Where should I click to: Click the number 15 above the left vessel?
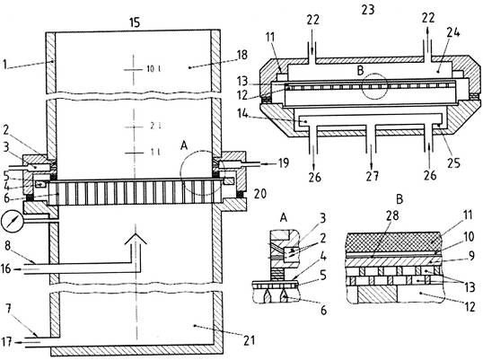pos(135,22)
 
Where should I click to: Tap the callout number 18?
pos(242,55)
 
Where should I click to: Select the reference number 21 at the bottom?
pos(250,340)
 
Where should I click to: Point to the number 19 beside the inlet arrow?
pos(284,162)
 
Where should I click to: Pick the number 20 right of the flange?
pos(260,194)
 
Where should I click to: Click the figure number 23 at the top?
pos(368,10)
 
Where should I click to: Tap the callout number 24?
pos(453,32)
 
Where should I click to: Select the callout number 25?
pos(454,162)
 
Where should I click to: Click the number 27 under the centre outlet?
pos(372,177)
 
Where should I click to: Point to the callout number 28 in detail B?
pos(392,215)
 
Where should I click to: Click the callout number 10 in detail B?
pos(469,237)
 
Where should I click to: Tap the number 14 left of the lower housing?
pos(242,113)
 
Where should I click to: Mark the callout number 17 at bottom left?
pos(7,341)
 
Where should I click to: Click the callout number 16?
pos(5,268)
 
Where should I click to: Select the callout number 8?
pos(7,246)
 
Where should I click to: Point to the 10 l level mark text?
pos(154,68)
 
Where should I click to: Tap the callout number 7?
pos(9,309)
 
